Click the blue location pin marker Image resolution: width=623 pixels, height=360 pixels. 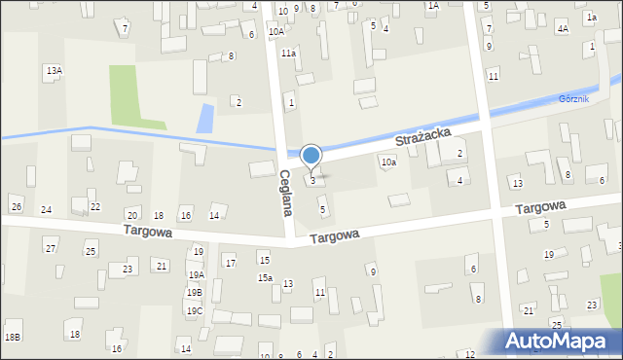click(311, 156)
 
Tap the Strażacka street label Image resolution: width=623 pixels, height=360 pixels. click(429, 148)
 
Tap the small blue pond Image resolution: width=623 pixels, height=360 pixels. click(204, 119)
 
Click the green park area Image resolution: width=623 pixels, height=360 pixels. click(135, 96)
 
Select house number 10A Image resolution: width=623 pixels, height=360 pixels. click(276, 31)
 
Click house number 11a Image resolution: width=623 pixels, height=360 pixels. click(288, 54)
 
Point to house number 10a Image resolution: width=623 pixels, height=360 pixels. click(388, 162)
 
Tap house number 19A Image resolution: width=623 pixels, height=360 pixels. click(196, 274)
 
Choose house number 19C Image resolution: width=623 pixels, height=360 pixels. click(195, 311)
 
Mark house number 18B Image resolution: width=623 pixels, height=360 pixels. click(12, 337)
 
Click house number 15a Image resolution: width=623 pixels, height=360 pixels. click(265, 278)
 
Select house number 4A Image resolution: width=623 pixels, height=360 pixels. click(562, 29)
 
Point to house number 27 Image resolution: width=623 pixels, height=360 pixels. click(51, 249)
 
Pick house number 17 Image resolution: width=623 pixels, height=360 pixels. click(230, 263)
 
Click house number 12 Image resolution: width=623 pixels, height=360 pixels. click(470, 354)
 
